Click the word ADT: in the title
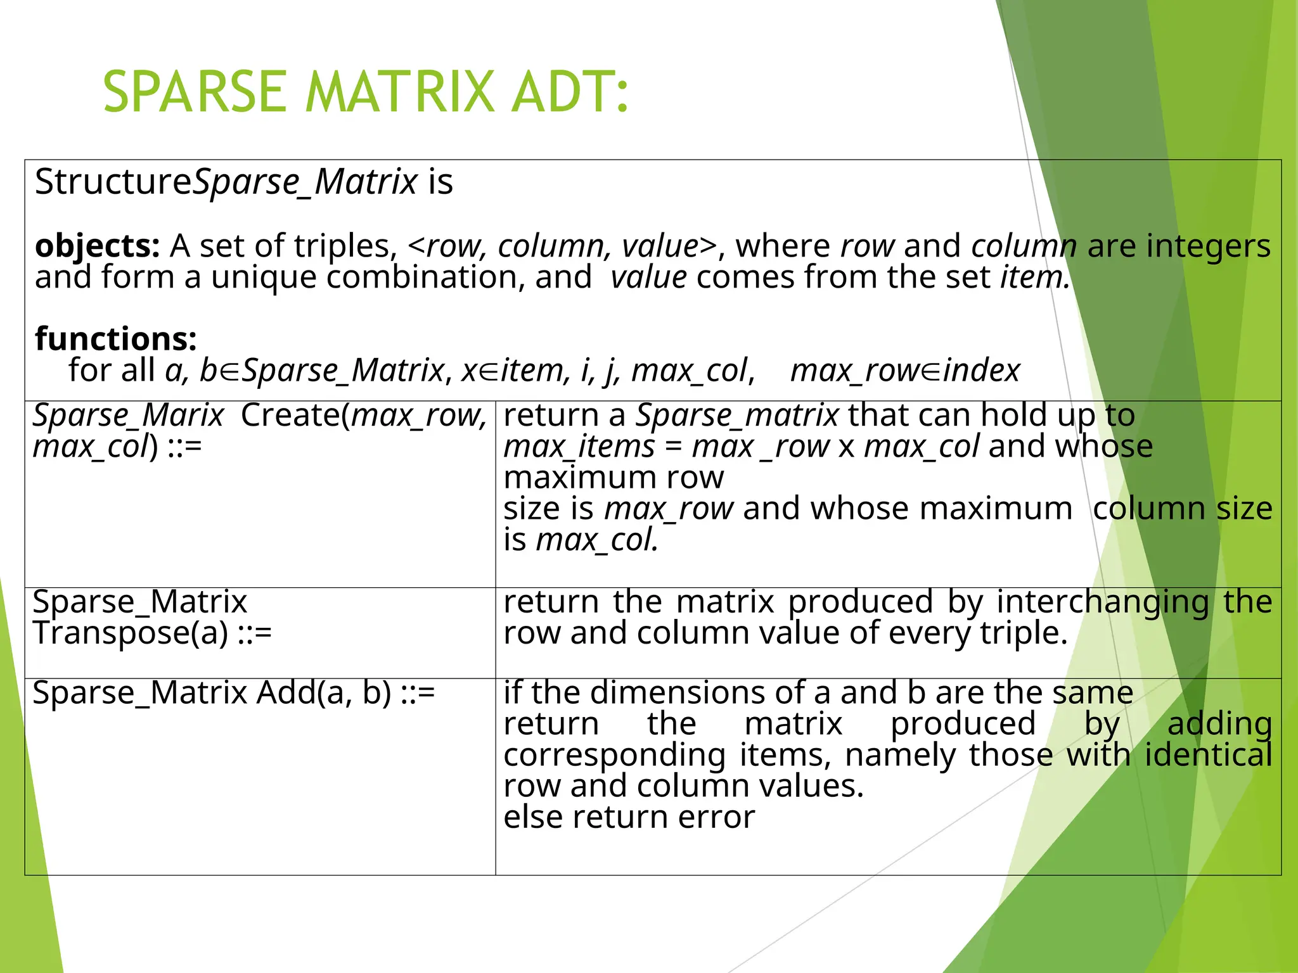pyautogui.click(x=570, y=92)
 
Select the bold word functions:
pyautogui.click(x=116, y=339)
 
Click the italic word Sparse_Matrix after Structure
pyautogui.click(x=305, y=182)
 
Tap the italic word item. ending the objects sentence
pyautogui.click(x=1035, y=277)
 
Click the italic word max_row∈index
pyautogui.click(x=905, y=371)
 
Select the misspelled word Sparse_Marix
pyautogui.click(x=128, y=416)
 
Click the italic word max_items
pyautogui.click(x=579, y=447)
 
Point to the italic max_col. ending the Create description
pyautogui.click(x=597, y=540)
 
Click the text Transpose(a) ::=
pyautogui.click(x=152, y=633)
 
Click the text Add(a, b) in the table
pyautogui.click(x=324, y=692)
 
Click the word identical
pyautogui.click(x=1208, y=755)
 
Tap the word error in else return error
pyautogui.click(x=716, y=817)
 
